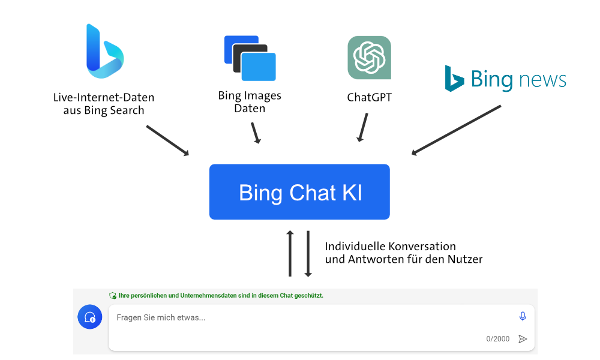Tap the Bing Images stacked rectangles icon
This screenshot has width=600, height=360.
point(250,58)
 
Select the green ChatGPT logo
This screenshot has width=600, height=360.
point(369,58)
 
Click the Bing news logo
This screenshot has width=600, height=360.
point(505,79)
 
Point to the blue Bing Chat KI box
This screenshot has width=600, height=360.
point(299,191)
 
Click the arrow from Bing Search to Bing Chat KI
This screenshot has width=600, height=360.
point(167,140)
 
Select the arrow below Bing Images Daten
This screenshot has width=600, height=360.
point(256,133)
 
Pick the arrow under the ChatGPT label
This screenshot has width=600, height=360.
point(362,127)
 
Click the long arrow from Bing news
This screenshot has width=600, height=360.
point(456,130)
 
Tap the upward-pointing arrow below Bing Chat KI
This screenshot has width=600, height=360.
point(290,253)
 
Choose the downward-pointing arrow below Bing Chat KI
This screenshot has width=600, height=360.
point(308,254)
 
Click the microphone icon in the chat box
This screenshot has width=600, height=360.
point(523,316)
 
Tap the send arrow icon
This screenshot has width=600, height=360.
point(523,339)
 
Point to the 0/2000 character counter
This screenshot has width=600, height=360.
point(498,339)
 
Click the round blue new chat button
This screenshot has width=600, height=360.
point(90,317)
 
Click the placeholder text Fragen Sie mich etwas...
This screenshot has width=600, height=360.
point(161,317)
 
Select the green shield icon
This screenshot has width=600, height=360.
point(113,296)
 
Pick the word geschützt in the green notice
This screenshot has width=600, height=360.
point(309,295)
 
